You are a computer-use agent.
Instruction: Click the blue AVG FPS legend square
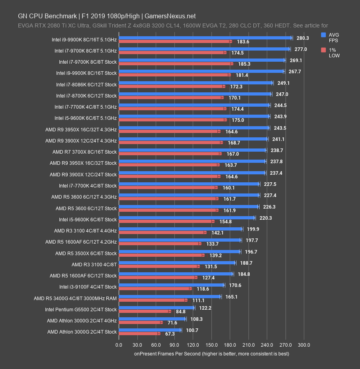[x=324, y=35]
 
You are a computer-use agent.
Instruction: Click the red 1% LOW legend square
[x=324, y=50]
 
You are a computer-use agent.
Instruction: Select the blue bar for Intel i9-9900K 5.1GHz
[x=205, y=38]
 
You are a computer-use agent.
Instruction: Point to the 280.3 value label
[x=303, y=38]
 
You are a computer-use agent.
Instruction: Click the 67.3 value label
[x=170, y=334]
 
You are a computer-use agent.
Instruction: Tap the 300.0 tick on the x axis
[x=304, y=345]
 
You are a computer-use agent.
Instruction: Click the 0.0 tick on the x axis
[x=119, y=345]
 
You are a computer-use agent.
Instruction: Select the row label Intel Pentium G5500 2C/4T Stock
[x=81, y=309]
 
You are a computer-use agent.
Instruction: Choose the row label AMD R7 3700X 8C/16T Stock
[x=84, y=152]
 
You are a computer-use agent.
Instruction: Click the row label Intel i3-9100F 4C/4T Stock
[x=88, y=287]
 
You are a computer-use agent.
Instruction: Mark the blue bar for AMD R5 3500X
[x=179, y=252]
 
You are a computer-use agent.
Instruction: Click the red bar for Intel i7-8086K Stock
[x=172, y=86]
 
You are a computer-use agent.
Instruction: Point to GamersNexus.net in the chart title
[x=170, y=16]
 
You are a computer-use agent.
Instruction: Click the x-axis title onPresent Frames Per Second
[x=211, y=353]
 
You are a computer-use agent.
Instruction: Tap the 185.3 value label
[x=243, y=64]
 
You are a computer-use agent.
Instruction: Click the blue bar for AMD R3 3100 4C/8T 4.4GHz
[x=180, y=229]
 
